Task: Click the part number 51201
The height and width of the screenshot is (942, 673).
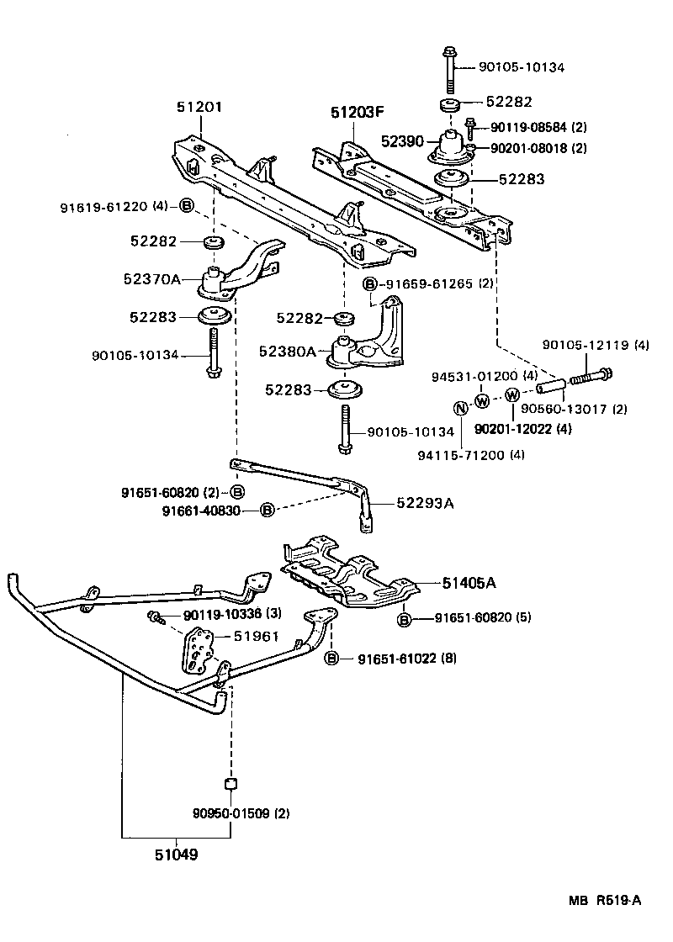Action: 199,108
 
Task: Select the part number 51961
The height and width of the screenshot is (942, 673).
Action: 256,637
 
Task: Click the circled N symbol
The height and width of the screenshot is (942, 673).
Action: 461,410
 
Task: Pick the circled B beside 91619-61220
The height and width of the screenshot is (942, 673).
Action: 187,206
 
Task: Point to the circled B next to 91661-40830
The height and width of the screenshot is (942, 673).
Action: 267,510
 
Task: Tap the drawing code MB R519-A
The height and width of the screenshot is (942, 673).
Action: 605,901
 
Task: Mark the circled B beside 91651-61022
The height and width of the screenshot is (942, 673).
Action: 332,659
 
